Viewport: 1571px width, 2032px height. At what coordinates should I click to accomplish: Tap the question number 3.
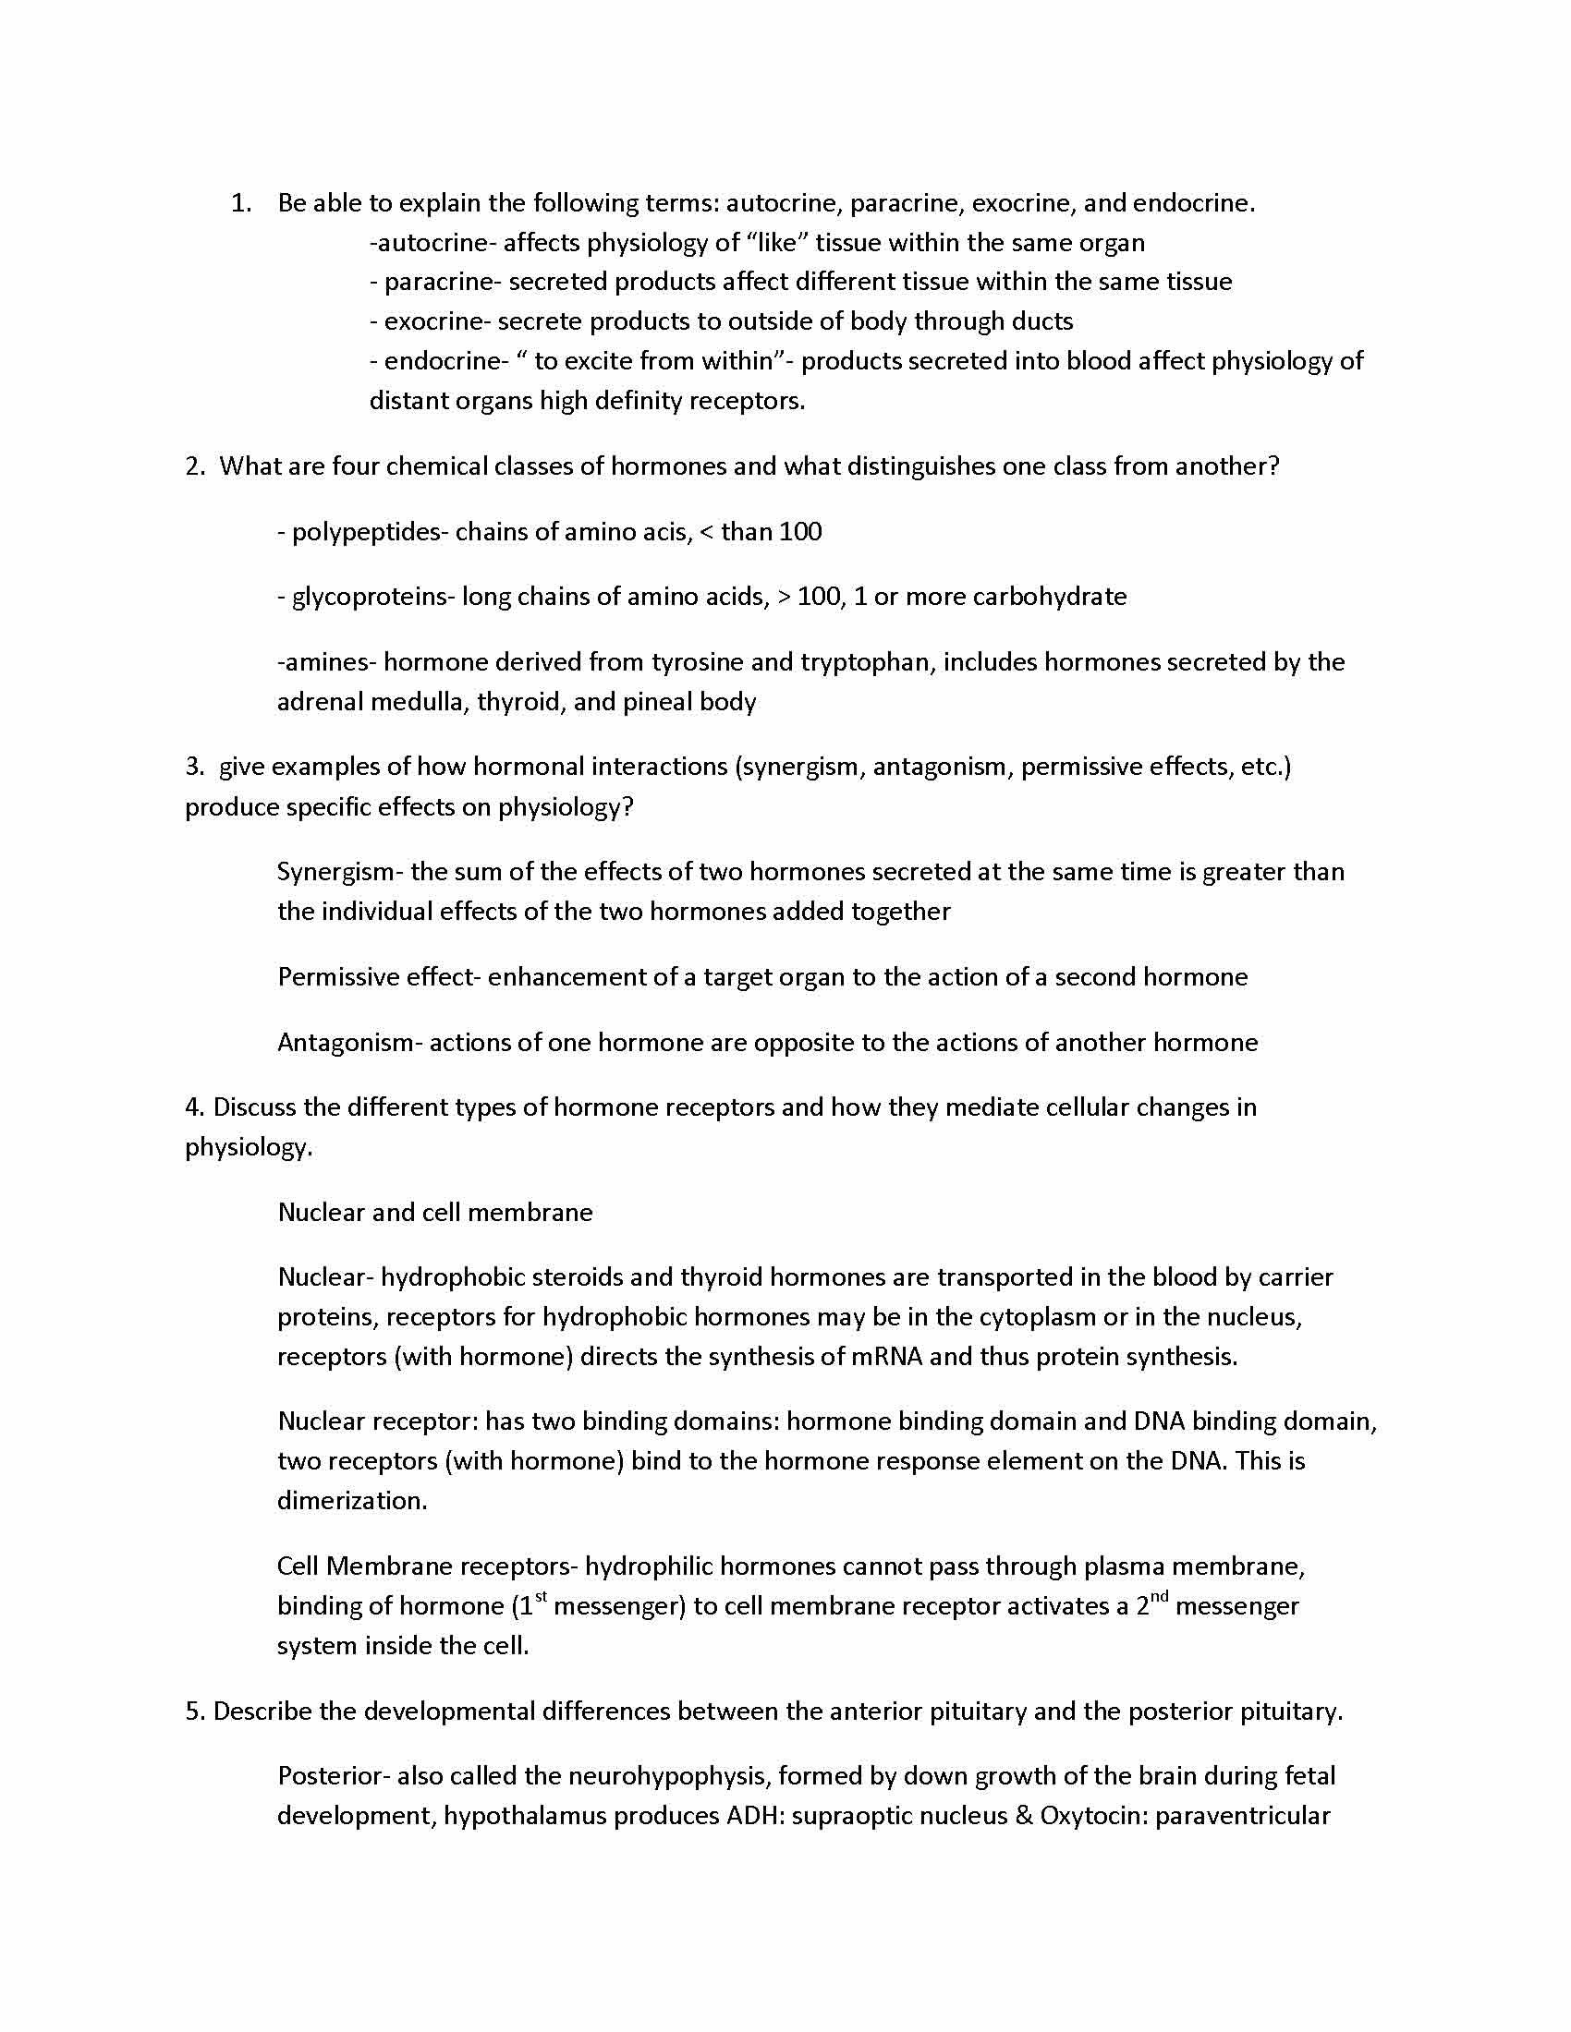(193, 767)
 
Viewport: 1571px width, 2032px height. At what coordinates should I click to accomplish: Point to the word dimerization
(351, 1501)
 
